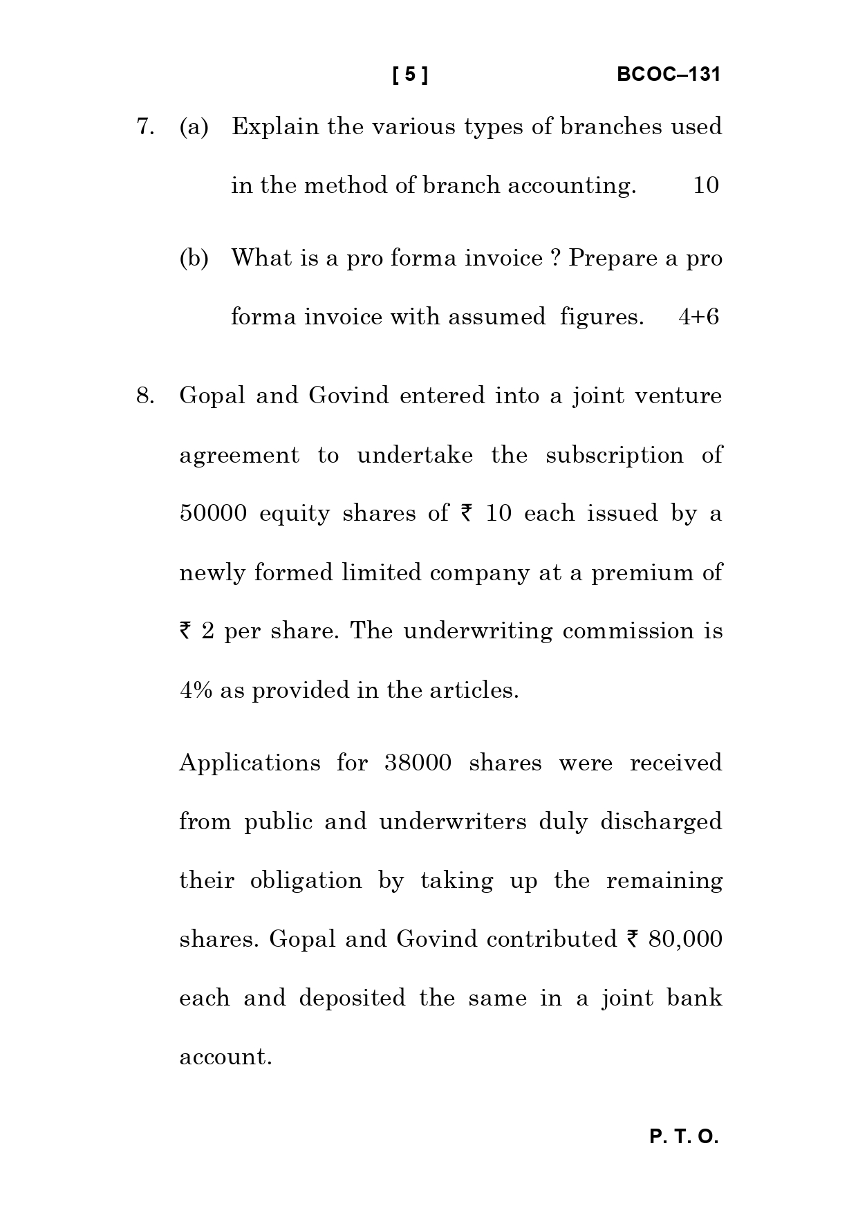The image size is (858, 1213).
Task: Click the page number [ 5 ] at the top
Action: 410,75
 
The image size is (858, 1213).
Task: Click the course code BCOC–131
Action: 668,75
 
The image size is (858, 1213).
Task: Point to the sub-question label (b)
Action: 194,258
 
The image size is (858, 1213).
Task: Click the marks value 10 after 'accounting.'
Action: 705,185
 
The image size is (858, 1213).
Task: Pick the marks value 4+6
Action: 699,317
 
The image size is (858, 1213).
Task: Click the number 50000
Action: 213,513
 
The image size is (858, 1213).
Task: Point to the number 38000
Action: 418,763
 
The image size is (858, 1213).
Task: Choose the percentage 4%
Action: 196,690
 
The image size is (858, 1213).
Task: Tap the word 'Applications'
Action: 250,763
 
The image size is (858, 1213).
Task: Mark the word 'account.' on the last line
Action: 225,1057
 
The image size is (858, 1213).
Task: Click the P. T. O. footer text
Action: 684,1137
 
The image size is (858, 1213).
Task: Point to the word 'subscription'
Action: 614,455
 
